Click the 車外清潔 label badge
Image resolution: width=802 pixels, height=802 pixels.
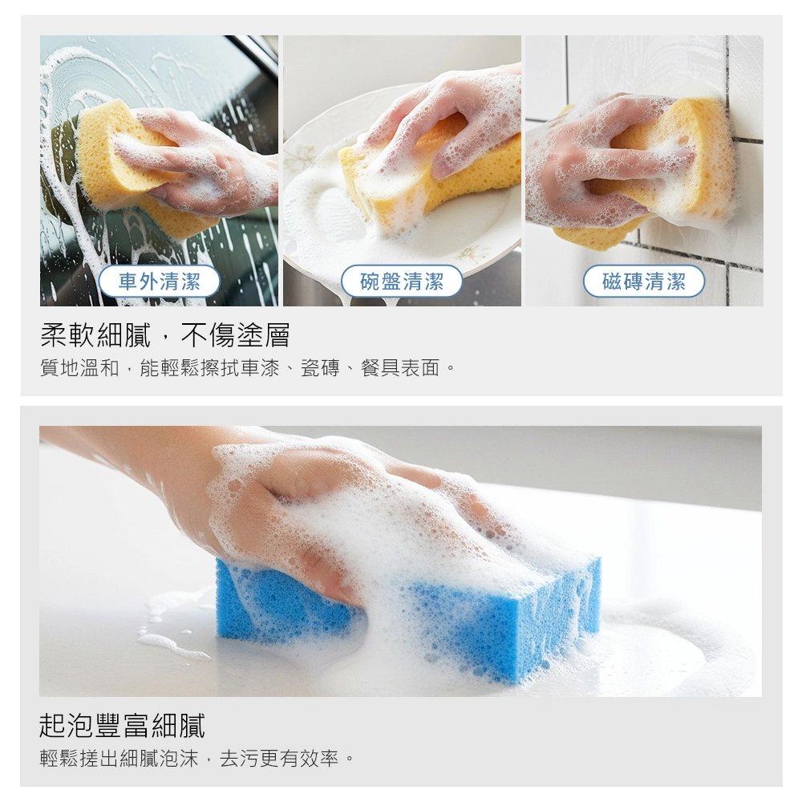tap(159, 282)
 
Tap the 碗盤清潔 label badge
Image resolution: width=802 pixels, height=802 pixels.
tap(402, 282)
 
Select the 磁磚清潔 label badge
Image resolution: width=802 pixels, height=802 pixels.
tap(644, 282)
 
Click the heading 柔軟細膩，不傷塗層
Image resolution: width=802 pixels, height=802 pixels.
tap(164, 335)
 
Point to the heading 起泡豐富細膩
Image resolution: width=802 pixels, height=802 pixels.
tap(122, 725)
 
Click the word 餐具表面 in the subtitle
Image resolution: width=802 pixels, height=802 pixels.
tap(400, 368)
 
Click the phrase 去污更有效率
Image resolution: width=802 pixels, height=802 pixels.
tap(279, 758)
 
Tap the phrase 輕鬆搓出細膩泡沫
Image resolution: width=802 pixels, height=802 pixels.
tap(119, 758)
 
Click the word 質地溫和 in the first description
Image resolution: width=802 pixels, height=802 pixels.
tap(79, 368)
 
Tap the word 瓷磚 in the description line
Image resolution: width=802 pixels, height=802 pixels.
tap(320, 368)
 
